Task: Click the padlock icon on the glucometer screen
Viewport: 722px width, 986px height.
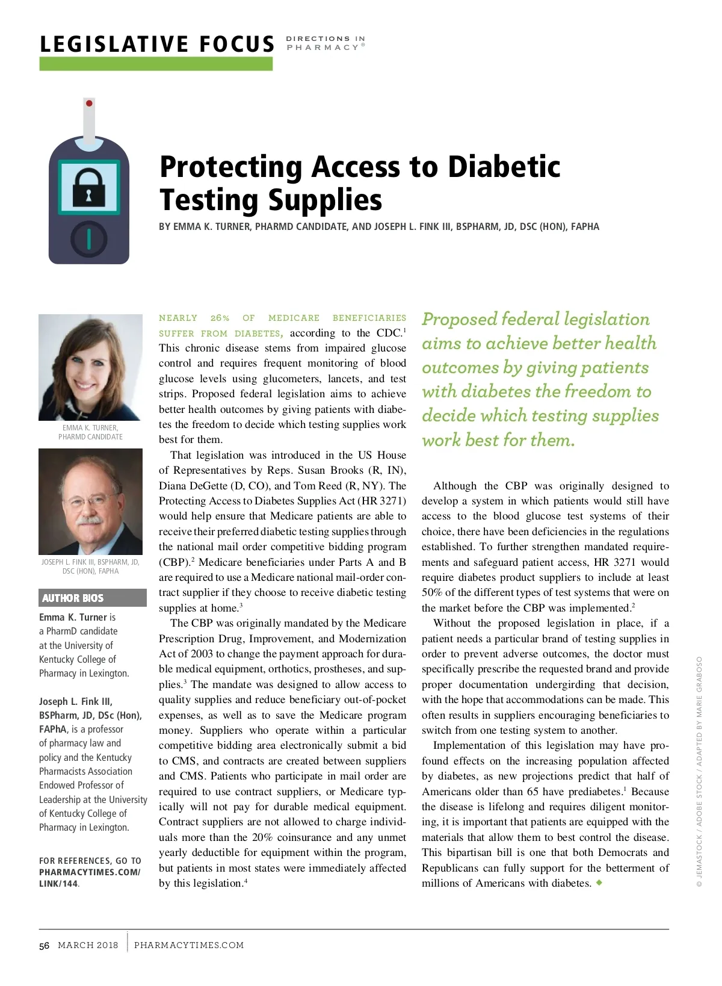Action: tap(88, 187)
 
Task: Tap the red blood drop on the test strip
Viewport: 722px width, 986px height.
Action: tap(89, 104)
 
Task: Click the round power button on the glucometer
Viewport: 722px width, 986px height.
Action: tap(89, 239)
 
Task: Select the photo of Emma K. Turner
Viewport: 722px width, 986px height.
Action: tap(90, 367)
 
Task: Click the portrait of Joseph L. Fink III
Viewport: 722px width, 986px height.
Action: tap(90, 501)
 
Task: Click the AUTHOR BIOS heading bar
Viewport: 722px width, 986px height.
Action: tap(92, 598)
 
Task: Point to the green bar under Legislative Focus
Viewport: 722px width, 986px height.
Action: tap(156, 64)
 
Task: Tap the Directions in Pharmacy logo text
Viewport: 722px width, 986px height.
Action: tap(326, 43)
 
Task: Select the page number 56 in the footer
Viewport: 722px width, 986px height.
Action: tap(44, 946)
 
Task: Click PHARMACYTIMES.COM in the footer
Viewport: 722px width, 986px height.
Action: tap(189, 945)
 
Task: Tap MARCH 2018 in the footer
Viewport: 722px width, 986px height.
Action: tap(88, 945)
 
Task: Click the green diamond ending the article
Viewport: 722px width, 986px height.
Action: tap(599, 882)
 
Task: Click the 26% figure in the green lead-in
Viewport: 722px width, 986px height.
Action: tap(220, 318)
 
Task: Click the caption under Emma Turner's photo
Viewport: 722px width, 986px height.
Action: tap(90, 432)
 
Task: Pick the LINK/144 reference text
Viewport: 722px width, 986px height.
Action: tap(58, 884)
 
